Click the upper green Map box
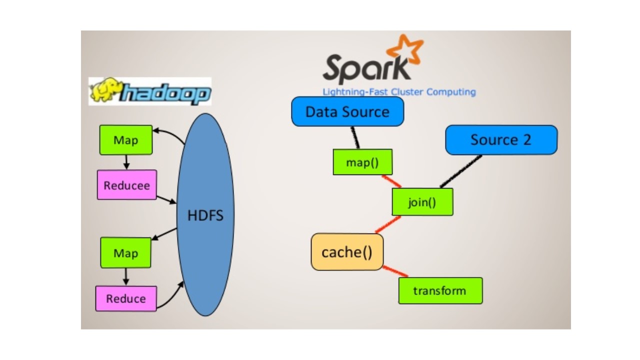[125, 139]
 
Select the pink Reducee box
[126, 185]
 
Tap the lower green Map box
[125, 252]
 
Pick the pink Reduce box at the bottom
[126, 298]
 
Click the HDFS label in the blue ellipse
[205, 216]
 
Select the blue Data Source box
[347, 111]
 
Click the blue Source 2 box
[501, 140]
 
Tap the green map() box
[362, 162]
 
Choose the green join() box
[422, 202]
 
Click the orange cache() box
[347, 252]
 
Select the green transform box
[440, 290]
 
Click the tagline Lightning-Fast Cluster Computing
[399, 92]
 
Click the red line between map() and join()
[391, 181]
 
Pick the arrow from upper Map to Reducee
[126, 161]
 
